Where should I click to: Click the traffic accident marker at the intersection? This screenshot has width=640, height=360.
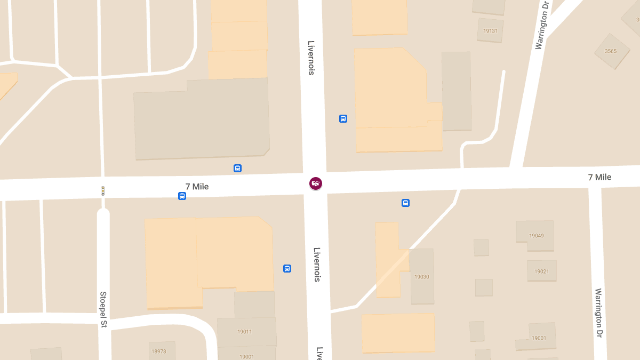click(316, 183)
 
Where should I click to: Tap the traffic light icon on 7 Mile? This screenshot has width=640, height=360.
click(103, 190)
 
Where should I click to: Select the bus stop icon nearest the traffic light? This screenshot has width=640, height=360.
click(182, 196)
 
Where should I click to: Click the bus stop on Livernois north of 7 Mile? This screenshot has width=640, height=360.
click(343, 118)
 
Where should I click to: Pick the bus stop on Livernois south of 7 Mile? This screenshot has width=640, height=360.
click(287, 268)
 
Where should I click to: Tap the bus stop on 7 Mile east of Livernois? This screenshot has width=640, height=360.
click(405, 203)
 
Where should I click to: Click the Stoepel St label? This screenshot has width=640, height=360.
click(103, 309)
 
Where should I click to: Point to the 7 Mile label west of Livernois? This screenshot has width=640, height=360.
click(197, 187)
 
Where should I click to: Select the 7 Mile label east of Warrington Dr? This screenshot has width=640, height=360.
click(599, 177)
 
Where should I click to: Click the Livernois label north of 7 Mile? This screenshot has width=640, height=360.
click(311, 58)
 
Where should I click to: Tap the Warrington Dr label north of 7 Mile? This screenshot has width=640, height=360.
click(541, 25)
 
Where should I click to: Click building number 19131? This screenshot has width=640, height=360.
click(490, 31)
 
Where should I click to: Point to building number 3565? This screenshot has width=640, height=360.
click(611, 51)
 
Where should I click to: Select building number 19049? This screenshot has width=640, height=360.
click(536, 235)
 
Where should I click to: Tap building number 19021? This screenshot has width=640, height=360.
click(541, 271)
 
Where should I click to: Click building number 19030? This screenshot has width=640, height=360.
click(421, 277)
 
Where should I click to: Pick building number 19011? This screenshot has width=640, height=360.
click(245, 332)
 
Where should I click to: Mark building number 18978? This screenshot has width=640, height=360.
click(159, 351)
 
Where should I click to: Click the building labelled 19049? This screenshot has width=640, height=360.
click(535, 235)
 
